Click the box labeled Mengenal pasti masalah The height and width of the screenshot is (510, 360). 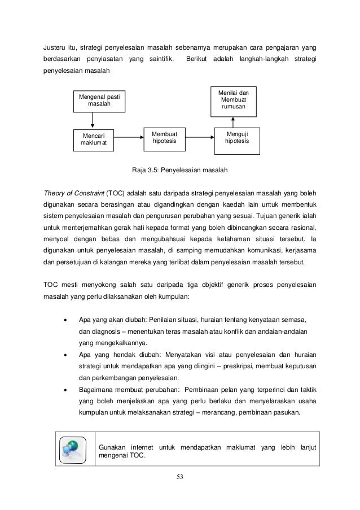tap(99, 102)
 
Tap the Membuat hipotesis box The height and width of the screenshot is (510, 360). tap(165, 138)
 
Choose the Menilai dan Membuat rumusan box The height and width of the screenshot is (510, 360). tap(233, 100)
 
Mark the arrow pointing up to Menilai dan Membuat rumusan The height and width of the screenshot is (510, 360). tap(232, 121)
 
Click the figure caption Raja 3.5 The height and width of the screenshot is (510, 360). tap(179, 169)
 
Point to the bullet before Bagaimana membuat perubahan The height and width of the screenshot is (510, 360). tap(67, 389)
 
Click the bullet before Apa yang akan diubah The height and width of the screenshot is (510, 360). tap(67, 319)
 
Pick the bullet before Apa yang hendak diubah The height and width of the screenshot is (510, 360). tap(67, 354)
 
